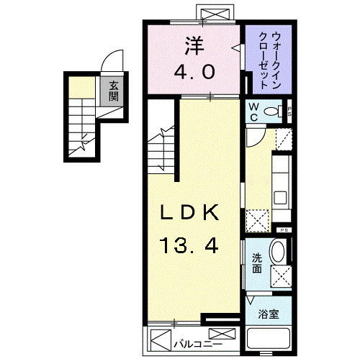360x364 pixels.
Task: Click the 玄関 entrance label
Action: (x=114, y=91)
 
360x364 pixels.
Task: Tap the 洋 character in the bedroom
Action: (x=193, y=45)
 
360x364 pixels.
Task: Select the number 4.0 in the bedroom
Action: (x=193, y=72)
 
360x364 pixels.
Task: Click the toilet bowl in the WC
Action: (x=274, y=112)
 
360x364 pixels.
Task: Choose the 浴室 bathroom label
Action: (x=268, y=314)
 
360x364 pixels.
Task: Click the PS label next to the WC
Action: (x=289, y=111)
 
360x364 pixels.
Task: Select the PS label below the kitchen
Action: (x=284, y=229)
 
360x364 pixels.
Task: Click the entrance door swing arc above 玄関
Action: (x=113, y=63)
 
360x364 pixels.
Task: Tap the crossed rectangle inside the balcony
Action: (x=222, y=335)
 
